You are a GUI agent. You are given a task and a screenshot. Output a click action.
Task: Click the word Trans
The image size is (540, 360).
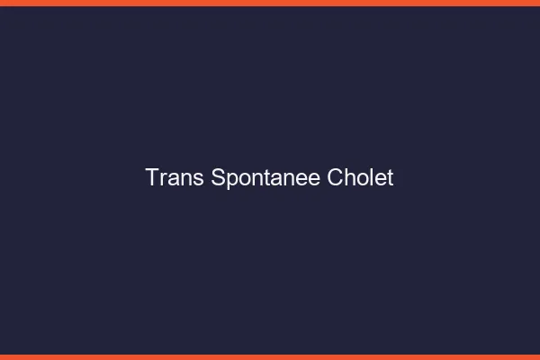point(175,177)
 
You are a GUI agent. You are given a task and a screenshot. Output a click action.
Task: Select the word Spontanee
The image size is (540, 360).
point(265,178)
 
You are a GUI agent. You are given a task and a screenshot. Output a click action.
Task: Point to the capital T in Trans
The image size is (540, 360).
point(152,177)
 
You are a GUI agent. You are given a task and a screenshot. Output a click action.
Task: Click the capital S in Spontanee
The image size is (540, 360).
point(219,177)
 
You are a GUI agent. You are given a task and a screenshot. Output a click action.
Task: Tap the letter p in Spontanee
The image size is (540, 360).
point(231,180)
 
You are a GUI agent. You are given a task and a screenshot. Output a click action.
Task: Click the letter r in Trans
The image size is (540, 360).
point(163,179)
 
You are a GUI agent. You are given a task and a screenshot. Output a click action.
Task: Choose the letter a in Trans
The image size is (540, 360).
point(173,179)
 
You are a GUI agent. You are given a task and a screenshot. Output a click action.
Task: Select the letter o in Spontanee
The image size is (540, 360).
point(244,179)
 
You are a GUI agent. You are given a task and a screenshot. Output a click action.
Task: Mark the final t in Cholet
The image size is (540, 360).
point(390,177)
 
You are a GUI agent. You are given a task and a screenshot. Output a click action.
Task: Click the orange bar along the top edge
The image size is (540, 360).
point(270,3)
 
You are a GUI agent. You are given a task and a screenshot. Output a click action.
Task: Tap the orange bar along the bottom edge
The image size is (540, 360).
point(270,356)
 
